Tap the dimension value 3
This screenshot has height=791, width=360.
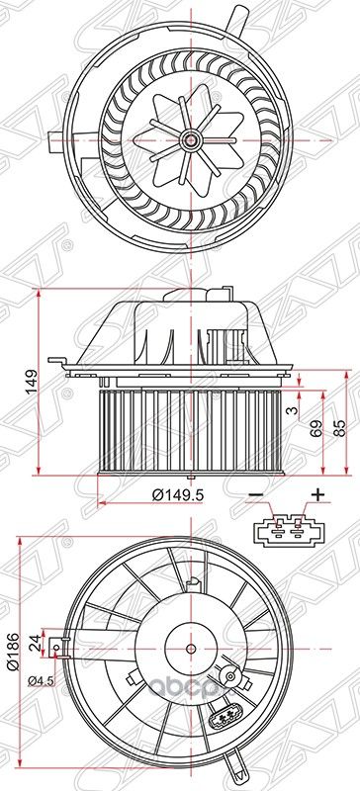coord(291,407)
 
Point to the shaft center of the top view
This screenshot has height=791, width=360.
coord(186,139)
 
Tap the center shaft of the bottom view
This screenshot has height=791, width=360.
coord(190,649)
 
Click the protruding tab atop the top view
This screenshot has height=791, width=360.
coord(236,17)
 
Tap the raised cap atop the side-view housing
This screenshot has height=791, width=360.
coord(220,292)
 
